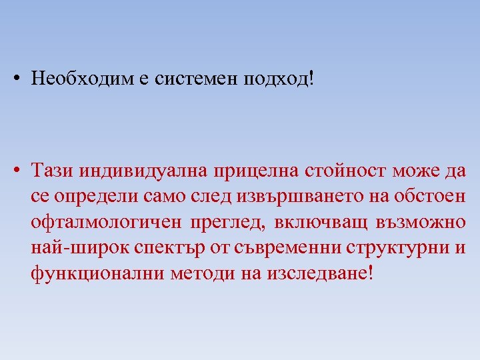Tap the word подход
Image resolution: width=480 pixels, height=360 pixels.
pos(277,79)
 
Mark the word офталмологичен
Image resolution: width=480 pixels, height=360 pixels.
pos(106,223)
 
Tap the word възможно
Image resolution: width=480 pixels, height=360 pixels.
pos(417,223)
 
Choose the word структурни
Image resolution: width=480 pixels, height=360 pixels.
pos(398,249)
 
